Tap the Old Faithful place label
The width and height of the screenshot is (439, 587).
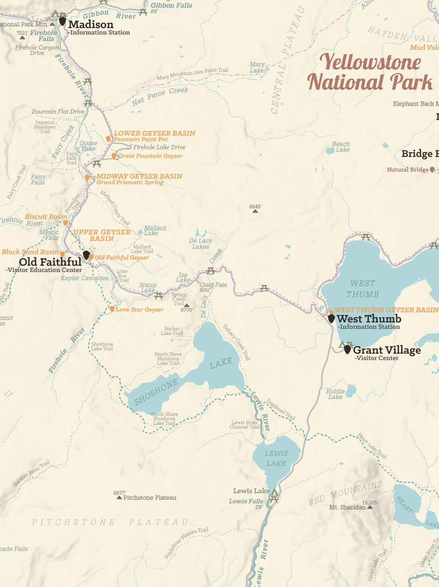pyautogui.click(x=50, y=262)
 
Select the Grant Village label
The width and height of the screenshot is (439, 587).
pyautogui.click(x=387, y=350)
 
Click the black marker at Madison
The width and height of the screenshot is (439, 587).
pyautogui.click(x=62, y=21)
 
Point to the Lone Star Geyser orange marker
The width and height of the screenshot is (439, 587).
pyautogui.click(x=112, y=309)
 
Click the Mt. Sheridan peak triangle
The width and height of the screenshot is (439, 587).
pyautogui.click(x=370, y=507)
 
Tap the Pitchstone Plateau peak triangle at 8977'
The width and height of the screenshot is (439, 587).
pyautogui.click(x=119, y=498)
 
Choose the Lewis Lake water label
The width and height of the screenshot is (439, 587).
pyautogui.click(x=276, y=458)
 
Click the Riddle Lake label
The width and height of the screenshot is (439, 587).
pyautogui.click(x=335, y=394)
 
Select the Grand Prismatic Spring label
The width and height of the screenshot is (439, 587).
pyautogui.click(x=130, y=182)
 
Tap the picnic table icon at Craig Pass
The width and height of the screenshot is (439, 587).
pyautogui.click(x=211, y=271)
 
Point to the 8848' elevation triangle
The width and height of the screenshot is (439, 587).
pyautogui.click(x=255, y=211)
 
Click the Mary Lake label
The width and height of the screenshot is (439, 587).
pyautogui.click(x=257, y=67)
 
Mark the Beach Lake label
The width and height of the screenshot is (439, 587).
pyautogui.click(x=341, y=147)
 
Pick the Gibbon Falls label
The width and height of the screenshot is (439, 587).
pyautogui.click(x=171, y=5)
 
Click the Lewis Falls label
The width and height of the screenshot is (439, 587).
pyautogui.click(x=246, y=501)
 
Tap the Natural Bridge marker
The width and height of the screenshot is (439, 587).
pyautogui.click(x=432, y=170)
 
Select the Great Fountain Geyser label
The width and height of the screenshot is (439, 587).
pyautogui.click(x=150, y=156)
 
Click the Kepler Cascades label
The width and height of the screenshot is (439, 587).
pyautogui.click(x=85, y=278)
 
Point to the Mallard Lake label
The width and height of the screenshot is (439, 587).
pyautogui.click(x=155, y=230)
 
